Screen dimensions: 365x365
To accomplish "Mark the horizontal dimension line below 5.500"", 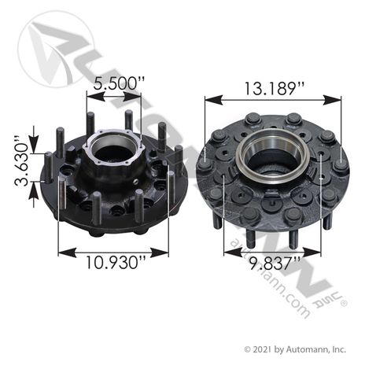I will coord(113,96).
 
